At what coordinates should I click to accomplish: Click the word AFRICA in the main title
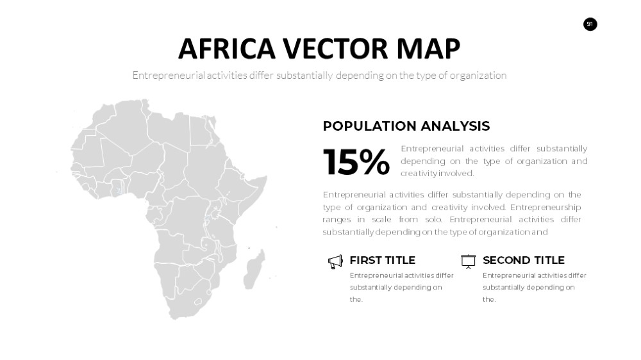[227, 49]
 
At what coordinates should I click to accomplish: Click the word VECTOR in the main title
[336, 49]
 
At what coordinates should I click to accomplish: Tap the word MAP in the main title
[428, 49]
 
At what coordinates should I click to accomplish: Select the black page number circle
[590, 24]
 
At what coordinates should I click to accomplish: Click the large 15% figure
[356, 162]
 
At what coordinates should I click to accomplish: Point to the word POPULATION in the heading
[369, 126]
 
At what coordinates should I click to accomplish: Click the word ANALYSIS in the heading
[455, 126]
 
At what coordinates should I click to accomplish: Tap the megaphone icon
[335, 262]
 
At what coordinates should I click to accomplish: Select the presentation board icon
[469, 261]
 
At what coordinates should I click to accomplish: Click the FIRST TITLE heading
[382, 260]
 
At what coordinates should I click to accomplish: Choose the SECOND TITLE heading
[523, 260]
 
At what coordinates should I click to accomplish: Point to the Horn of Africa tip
[266, 177]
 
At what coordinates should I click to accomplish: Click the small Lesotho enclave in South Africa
[198, 302]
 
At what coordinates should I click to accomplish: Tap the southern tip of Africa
[174, 318]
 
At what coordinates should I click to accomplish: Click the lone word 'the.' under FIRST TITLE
[356, 299]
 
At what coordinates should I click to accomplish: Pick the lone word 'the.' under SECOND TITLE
[489, 299]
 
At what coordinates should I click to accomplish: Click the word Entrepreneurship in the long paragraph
[545, 207]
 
